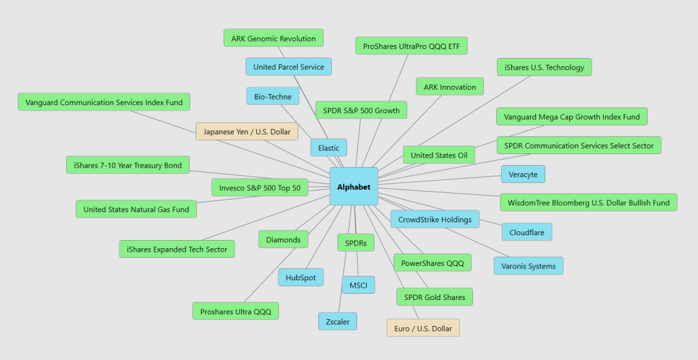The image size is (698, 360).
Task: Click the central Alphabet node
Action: pyautogui.click(x=354, y=187)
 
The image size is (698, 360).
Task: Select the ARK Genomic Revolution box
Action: pyautogui.click(x=273, y=38)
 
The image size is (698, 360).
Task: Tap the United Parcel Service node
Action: pyautogui.click(x=288, y=67)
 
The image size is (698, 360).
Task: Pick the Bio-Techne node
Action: pyautogui.click(x=273, y=97)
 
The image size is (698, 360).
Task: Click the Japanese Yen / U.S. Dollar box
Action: pyautogui.click(x=247, y=132)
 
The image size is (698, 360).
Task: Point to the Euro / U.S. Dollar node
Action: pyautogui.click(x=423, y=329)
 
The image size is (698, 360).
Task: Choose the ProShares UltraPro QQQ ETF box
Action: pyautogui.click(x=411, y=46)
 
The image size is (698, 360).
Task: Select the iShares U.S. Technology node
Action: pyautogui.click(x=544, y=67)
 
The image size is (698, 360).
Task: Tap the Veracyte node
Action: pyautogui.click(x=523, y=175)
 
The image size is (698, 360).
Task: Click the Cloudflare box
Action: pyautogui.click(x=527, y=232)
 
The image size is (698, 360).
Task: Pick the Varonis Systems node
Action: pyautogui.click(x=528, y=266)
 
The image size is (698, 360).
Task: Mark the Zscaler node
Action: pyautogui.click(x=337, y=322)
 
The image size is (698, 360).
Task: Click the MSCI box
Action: pyautogui.click(x=359, y=285)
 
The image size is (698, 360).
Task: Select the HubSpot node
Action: pyautogui.click(x=301, y=277)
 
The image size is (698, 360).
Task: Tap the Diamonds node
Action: pyautogui.click(x=283, y=240)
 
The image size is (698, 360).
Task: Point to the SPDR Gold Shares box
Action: pyautogui.click(x=434, y=297)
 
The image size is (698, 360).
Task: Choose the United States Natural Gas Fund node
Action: pyautogui.click(x=136, y=209)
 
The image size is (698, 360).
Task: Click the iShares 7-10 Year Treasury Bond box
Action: pyautogui.click(x=127, y=165)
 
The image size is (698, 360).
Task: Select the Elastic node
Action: pyautogui.click(x=329, y=148)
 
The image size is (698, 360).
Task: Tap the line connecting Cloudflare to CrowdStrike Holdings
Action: pyautogui.click(x=491, y=222)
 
